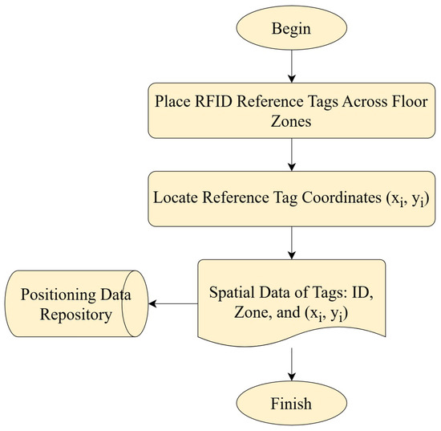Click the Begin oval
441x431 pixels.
[291, 28]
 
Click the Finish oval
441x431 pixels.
[291, 403]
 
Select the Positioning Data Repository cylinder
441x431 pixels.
[76, 303]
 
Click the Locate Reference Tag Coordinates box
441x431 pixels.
[291, 199]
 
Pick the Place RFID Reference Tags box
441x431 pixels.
[291, 111]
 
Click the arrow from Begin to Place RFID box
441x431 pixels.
[292, 67]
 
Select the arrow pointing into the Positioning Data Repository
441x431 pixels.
[173, 303]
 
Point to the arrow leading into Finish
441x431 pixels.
[292, 364]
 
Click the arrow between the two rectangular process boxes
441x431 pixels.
[292, 155]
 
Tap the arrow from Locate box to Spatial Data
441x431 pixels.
[292, 243]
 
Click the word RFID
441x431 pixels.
[213, 101]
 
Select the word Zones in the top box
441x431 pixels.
[291, 122]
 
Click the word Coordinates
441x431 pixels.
[342, 197]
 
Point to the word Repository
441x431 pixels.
[76, 315]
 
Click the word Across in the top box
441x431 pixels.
[361, 101]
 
